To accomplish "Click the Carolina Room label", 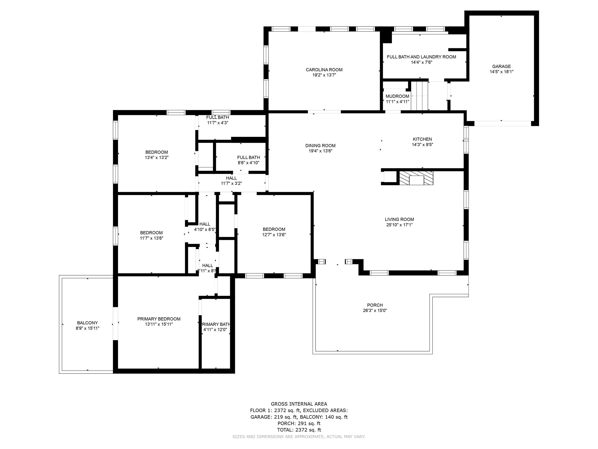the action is pyautogui.click(x=324, y=70).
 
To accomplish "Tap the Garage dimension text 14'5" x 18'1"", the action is pyautogui.click(x=501, y=72).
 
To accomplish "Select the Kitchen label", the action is pyautogui.click(x=422, y=139).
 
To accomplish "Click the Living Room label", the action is pyautogui.click(x=399, y=219).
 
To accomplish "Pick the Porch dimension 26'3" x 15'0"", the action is pyautogui.click(x=375, y=310).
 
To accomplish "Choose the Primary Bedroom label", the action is pyautogui.click(x=159, y=319).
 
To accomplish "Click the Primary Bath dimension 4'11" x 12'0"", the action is pyautogui.click(x=215, y=330).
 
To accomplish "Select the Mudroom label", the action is pyautogui.click(x=397, y=96).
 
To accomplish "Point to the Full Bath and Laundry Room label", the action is pyautogui.click(x=421, y=57).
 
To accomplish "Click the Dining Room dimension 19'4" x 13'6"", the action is pyautogui.click(x=320, y=151).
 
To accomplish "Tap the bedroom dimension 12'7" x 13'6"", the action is pyautogui.click(x=274, y=235).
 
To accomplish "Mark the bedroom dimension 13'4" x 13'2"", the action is pyautogui.click(x=157, y=157).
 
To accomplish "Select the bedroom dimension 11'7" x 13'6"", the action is pyautogui.click(x=151, y=238).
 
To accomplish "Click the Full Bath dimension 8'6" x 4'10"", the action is pyautogui.click(x=248, y=163).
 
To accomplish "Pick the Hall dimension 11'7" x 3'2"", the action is pyautogui.click(x=231, y=183).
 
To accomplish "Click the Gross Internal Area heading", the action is pyautogui.click(x=299, y=404).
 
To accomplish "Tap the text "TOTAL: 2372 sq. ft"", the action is pyautogui.click(x=299, y=430).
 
